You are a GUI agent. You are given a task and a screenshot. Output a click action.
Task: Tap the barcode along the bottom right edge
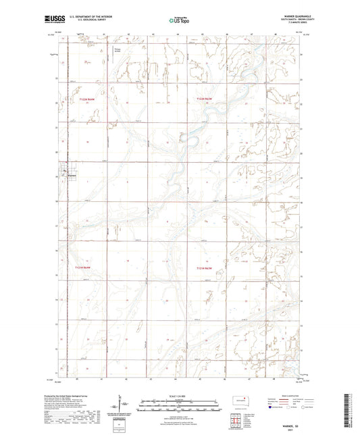pos(351,412)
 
